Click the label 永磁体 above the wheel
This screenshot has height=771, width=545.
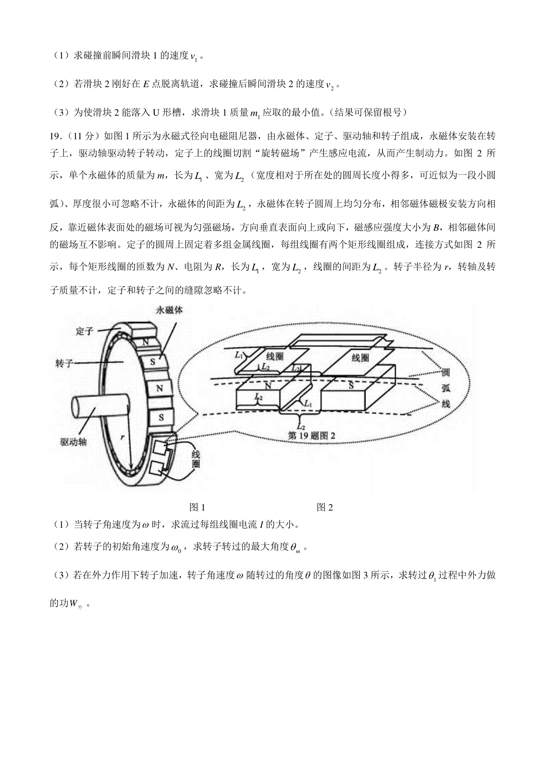point(169,310)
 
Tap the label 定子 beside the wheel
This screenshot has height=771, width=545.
point(84,331)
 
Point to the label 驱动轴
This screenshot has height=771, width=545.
point(73,442)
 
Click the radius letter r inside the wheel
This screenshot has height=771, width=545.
point(122,437)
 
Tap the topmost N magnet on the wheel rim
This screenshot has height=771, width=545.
point(146,342)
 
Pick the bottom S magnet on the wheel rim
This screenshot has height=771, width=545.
point(161,417)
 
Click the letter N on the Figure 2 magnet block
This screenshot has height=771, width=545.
point(268,386)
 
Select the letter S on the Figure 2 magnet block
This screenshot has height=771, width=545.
point(351,385)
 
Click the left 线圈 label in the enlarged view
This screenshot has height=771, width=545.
point(275,356)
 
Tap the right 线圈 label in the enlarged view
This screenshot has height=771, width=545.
point(361,358)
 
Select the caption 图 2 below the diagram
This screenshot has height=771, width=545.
point(325,507)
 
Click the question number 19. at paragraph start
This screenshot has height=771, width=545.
point(55,136)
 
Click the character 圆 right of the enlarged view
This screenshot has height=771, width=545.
point(446,373)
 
